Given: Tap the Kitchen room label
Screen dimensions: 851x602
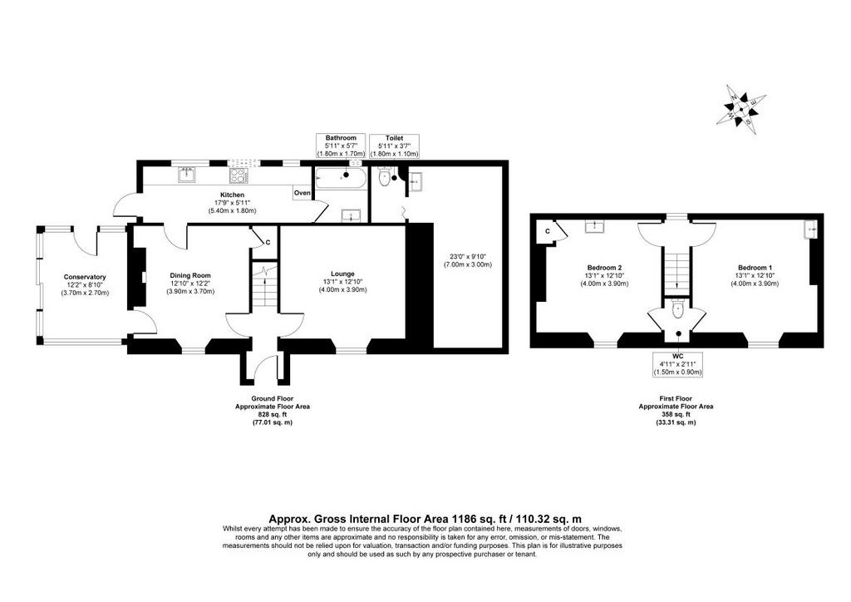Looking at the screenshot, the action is pyautogui.click(x=232, y=195).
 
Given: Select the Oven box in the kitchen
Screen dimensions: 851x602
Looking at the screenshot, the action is pyautogui.click(x=303, y=193).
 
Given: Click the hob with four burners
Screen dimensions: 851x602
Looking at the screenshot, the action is pyautogui.click(x=239, y=175).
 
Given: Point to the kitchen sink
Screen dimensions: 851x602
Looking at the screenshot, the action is pyautogui.click(x=187, y=175).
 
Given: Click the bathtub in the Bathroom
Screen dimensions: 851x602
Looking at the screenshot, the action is pyautogui.click(x=340, y=179).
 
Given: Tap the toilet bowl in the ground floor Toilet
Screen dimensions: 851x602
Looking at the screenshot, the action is pyautogui.click(x=384, y=177).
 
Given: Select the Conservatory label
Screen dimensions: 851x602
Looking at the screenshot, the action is pyautogui.click(x=85, y=278).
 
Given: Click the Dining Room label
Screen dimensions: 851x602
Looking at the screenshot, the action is pyautogui.click(x=190, y=276).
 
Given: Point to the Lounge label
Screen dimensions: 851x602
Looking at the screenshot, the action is pyautogui.click(x=342, y=274).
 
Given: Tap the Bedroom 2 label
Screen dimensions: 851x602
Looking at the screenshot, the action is pyautogui.click(x=604, y=268).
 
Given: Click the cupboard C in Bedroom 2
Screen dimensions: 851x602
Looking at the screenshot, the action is pyautogui.click(x=548, y=232).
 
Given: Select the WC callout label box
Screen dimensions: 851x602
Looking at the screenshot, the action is pyautogui.click(x=678, y=363).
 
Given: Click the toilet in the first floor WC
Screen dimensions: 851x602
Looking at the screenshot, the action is pyautogui.click(x=678, y=309).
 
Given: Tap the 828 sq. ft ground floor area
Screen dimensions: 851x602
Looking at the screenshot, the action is pyautogui.click(x=273, y=414).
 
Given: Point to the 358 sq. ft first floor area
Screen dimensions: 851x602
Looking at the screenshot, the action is pyautogui.click(x=676, y=414).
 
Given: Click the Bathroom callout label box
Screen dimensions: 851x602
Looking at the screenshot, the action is pyautogui.click(x=341, y=146).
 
